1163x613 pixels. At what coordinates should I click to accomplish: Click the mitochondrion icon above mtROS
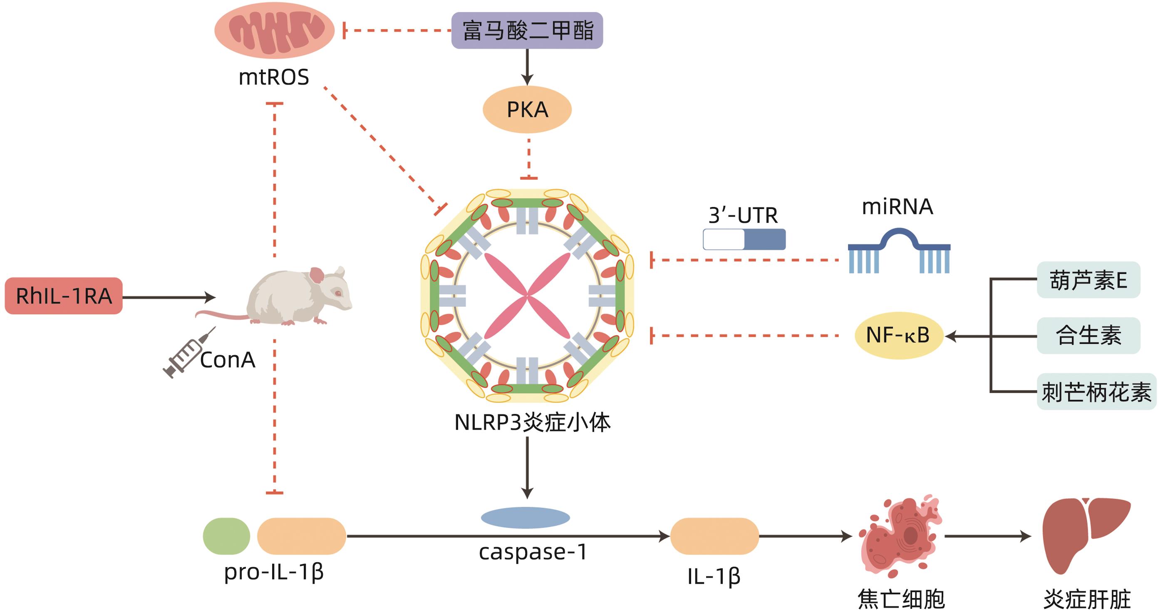click(x=274, y=31)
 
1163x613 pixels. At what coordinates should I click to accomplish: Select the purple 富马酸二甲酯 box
click(x=527, y=31)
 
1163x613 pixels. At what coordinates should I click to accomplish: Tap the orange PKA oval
click(x=527, y=110)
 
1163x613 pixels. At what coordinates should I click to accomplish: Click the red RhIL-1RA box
click(x=64, y=296)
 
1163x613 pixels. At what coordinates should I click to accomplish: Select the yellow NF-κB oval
click(x=898, y=336)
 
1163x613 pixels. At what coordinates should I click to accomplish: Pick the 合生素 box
click(x=1088, y=336)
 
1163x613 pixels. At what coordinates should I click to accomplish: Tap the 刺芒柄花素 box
click(x=1096, y=391)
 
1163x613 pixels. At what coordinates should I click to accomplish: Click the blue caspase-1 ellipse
click(x=525, y=518)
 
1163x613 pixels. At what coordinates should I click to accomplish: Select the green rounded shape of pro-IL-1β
click(x=226, y=536)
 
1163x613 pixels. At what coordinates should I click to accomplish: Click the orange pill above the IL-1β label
click(x=714, y=536)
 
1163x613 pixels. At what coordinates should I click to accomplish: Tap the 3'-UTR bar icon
click(x=744, y=239)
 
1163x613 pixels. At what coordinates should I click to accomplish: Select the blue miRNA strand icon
click(x=899, y=251)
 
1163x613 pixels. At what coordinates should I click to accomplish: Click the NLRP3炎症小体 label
click(x=532, y=423)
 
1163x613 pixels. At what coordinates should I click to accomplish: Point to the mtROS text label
click(x=274, y=77)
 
